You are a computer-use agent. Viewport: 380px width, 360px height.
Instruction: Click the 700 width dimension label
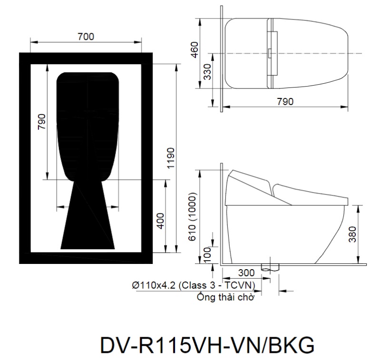pos(86,37)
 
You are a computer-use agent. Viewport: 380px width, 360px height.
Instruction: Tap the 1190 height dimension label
pos(170,158)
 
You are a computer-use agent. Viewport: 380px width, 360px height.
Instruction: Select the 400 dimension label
pos(160,221)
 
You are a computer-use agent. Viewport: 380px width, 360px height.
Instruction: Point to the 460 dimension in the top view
pos(195,50)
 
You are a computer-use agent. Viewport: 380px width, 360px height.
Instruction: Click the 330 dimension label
pos(207,72)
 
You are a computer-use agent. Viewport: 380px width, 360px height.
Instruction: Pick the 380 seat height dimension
pos(352,234)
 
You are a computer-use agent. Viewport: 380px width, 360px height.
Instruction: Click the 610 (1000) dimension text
pos(192,217)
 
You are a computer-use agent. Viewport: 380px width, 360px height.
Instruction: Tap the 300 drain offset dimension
pos(246,273)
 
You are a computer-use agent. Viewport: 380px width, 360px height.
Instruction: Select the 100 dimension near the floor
pos(207,254)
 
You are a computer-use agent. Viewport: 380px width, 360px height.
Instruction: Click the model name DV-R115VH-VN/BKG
pos(207,345)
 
